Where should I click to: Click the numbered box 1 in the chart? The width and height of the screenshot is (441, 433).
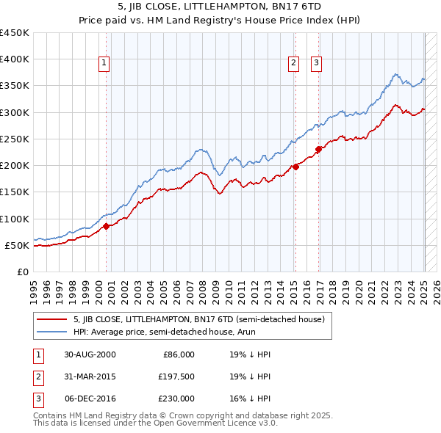click(104, 64)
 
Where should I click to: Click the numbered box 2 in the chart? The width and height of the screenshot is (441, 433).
click(293, 64)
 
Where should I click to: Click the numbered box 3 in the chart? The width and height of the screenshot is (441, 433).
click(316, 64)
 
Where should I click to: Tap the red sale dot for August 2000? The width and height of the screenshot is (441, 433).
click(106, 226)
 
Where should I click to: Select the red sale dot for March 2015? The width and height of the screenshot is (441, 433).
click(295, 167)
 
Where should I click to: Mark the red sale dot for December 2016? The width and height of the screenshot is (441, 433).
click(318, 149)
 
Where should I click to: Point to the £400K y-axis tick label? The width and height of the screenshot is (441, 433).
click(15, 59)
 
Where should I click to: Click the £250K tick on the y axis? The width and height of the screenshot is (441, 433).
click(15, 139)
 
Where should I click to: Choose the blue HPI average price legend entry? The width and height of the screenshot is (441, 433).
click(172, 332)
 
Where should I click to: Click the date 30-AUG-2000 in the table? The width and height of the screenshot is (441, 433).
click(89, 354)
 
